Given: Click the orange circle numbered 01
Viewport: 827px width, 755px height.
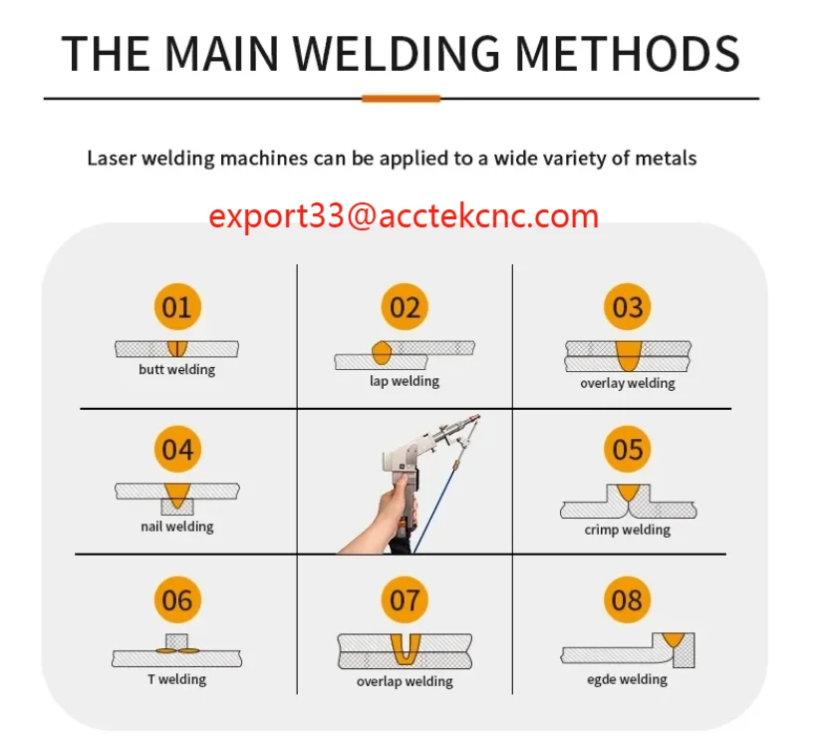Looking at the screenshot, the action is coord(176,306).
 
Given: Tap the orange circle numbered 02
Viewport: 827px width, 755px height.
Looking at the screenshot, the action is coord(405,306).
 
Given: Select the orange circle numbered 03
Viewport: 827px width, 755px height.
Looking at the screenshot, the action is coord(628,306).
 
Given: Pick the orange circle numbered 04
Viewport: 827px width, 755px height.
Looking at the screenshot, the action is coord(176,450).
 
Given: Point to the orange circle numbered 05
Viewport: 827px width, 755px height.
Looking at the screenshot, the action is coord(628,450).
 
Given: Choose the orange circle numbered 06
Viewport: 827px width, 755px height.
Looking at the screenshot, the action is coord(176,600).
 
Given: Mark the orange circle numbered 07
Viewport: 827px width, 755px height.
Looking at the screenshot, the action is coord(405,600).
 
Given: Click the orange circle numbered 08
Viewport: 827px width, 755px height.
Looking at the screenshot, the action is coord(628,600).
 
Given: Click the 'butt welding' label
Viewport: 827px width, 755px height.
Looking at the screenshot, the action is coord(176,370).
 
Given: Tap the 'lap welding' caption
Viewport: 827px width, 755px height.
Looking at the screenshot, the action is coord(405,381).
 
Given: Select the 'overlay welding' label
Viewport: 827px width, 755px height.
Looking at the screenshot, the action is coord(628,383).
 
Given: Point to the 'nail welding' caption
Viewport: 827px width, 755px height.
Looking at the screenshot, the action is coord(176,526).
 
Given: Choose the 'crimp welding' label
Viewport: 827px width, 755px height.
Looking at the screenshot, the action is coord(628,530).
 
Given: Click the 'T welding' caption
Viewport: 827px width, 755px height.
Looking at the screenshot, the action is coord(176,679).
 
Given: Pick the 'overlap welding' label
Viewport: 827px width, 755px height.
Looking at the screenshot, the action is coord(405,682).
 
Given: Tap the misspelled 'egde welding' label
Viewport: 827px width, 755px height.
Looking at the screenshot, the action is coord(628,679).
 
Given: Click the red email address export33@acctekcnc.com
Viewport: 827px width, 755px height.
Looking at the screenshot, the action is coord(404,215).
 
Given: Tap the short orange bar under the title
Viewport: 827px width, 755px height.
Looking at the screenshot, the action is coord(401,99).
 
